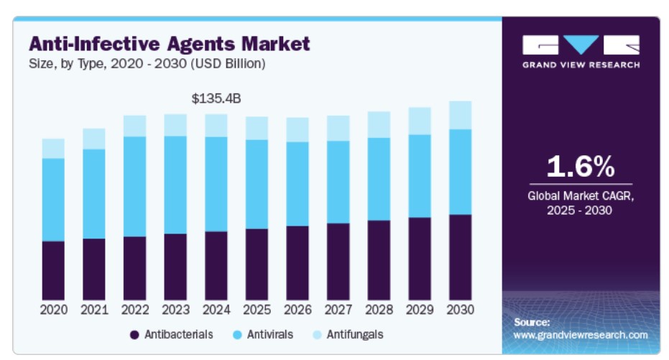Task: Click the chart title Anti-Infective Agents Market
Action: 169,44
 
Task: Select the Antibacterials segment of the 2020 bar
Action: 53,270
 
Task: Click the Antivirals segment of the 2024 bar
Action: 216,184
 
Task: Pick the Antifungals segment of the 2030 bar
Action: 461,115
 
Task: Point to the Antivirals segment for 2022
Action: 134,186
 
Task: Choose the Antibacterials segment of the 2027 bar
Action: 338,261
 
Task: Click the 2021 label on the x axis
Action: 94,310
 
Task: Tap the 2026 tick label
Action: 297,310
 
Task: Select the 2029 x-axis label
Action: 420,310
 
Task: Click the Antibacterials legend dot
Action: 134,335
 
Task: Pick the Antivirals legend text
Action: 270,335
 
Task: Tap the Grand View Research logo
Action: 581,51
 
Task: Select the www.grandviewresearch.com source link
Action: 581,335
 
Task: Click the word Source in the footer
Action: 532,322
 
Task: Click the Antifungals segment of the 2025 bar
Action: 257,128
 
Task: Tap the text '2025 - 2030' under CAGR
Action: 581,211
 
